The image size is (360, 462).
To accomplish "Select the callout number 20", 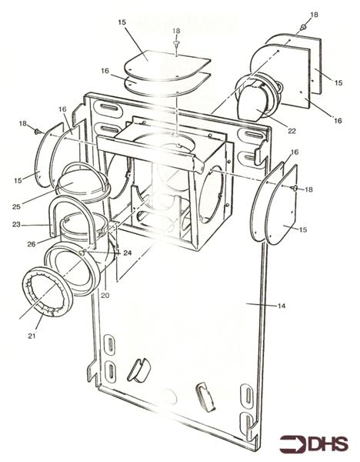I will tap(106, 295).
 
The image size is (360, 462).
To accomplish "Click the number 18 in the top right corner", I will tap(313, 15).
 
